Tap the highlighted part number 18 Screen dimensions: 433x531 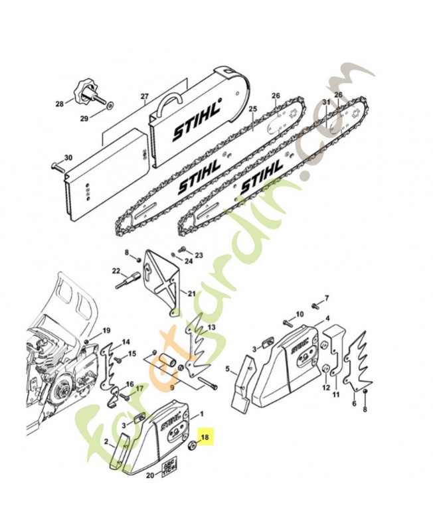[205, 437]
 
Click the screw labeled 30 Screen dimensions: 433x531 [56, 166]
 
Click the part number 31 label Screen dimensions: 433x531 [326, 102]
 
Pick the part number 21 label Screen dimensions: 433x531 [192, 293]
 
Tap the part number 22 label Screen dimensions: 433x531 [116, 271]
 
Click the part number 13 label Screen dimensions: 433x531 [212, 328]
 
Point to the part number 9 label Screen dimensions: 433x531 [172, 386]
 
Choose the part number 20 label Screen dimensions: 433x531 [149, 475]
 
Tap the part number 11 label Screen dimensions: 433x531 [335, 394]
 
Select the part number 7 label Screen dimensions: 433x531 [326, 297]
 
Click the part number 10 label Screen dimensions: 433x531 [300, 313]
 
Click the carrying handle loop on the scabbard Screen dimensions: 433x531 [170, 100]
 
